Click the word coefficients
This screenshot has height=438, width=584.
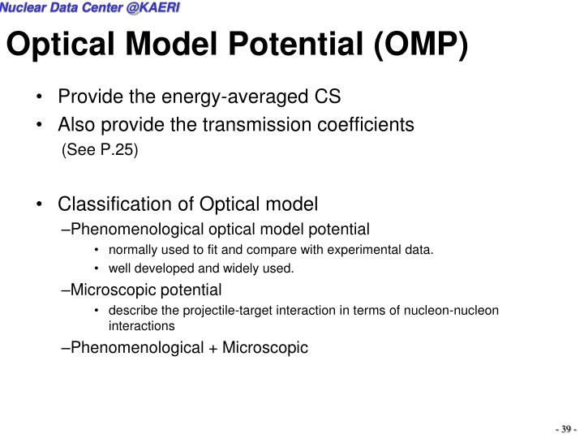pos(363,125)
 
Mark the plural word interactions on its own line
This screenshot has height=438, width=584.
pos(142,326)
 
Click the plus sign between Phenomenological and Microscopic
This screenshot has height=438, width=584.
pos(213,348)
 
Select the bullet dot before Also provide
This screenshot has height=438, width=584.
pos(40,125)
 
